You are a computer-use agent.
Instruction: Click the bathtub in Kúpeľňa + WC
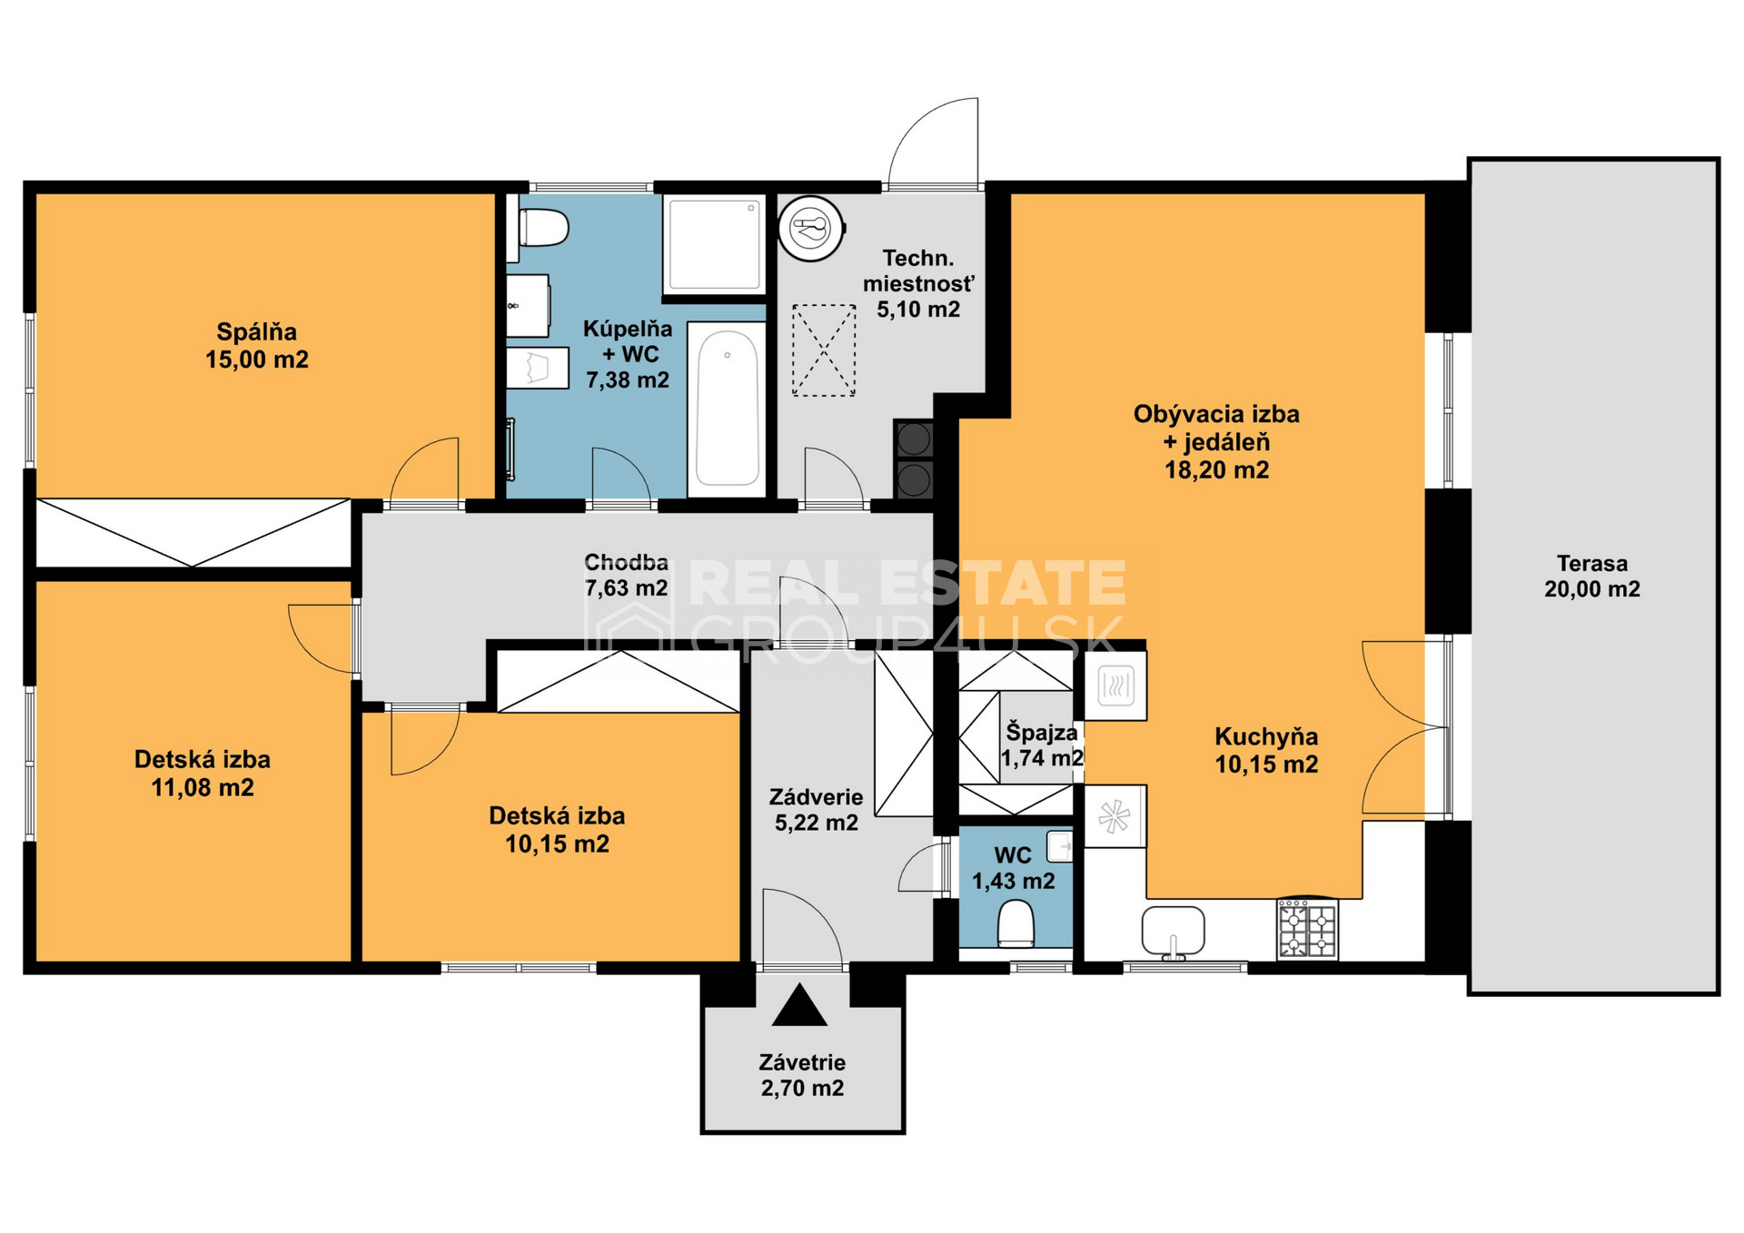pyautogui.click(x=727, y=409)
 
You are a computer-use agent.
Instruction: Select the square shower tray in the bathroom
pyautogui.click(x=715, y=244)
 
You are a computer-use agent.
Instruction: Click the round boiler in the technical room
pyautogui.click(x=811, y=228)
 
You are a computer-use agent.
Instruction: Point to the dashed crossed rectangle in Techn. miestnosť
pyautogui.click(x=824, y=350)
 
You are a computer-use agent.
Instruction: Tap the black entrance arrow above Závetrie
pyautogui.click(x=799, y=1005)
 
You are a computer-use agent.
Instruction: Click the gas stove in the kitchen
pyautogui.click(x=1308, y=929)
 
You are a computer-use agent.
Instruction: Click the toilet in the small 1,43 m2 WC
pyautogui.click(x=1016, y=923)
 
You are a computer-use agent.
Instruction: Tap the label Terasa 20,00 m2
pyautogui.click(x=1592, y=576)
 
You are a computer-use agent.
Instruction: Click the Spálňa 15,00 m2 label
pyautogui.click(x=257, y=346)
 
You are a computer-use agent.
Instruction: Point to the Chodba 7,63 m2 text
pyautogui.click(x=626, y=575)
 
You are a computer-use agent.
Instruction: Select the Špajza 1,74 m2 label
pyautogui.click(x=1042, y=745)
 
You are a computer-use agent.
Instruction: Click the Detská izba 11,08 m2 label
pyautogui.click(x=203, y=774)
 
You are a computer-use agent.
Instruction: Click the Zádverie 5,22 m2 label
pyautogui.click(x=816, y=810)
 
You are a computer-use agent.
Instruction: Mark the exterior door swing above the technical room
pyautogui.click(x=933, y=141)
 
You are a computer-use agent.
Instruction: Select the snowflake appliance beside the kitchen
pyautogui.click(x=1115, y=817)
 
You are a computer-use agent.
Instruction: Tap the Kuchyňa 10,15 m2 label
pyautogui.click(x=1266, y=750)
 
